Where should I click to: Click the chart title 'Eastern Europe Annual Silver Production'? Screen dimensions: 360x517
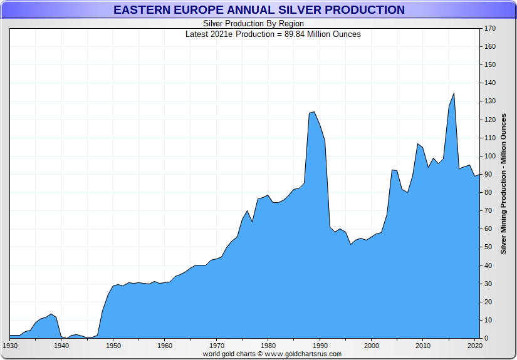(259, 10)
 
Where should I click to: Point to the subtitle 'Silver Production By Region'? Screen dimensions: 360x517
(254, 24)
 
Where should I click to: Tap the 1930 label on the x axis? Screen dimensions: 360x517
(10, 346)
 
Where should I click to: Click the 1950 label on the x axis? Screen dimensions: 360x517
(113, 346)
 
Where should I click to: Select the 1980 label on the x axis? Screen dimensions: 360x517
(268, 346)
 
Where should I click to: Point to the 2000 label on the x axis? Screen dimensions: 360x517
(372, 346)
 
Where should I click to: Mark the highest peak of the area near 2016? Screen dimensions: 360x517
(454, 93)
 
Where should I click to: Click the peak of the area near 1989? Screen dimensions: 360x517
(314, 112)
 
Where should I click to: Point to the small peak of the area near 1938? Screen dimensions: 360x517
(51, 314)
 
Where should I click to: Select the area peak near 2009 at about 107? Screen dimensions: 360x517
(417, 143)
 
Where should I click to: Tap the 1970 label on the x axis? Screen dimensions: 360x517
(216, 346)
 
